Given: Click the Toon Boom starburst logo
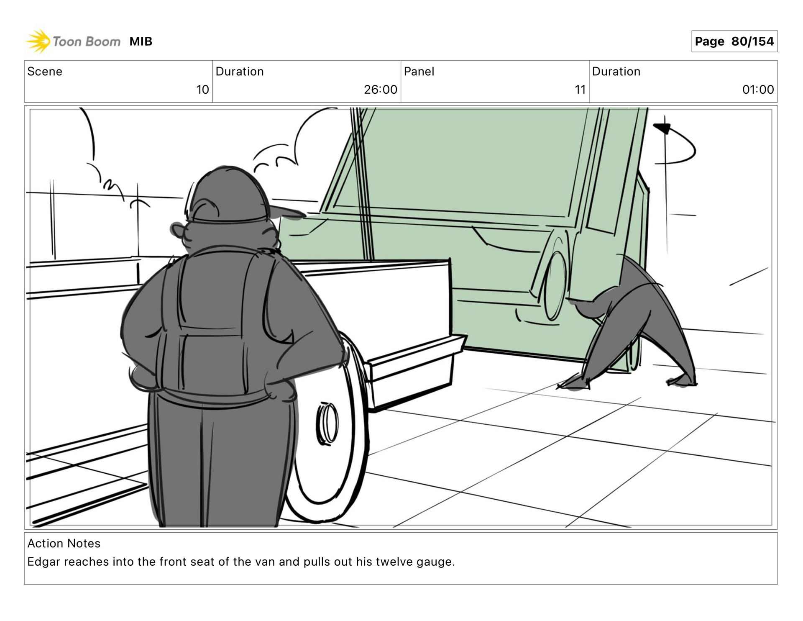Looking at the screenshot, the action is coord(38,41).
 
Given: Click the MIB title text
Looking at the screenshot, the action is coord(141,41).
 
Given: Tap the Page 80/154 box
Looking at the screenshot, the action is coord(734,41).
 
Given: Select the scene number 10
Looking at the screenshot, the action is coord(202,90).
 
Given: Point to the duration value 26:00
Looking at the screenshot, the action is coord(380,90).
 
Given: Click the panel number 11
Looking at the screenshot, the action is coord(580,90).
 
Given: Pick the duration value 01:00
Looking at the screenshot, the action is coord(758,90).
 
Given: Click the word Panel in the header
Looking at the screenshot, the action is coord(419,72).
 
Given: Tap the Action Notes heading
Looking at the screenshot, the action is coord(64,543).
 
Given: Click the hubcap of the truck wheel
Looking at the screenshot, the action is coord(327,423).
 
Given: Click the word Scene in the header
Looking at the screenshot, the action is coord(45,72).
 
